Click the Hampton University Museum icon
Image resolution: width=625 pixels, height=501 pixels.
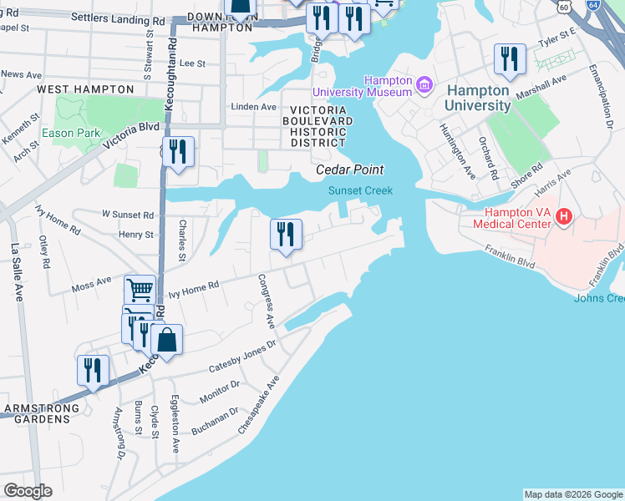click(424, 85)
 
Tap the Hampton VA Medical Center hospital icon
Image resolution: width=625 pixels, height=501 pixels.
click(564, 217)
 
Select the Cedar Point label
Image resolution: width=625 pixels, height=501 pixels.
click(349, 170)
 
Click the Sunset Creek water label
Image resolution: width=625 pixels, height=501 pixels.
click(359, 190)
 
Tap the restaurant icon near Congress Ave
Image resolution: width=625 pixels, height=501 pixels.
click(286, 234)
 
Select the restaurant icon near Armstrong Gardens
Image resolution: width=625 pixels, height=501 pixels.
click(92, 370)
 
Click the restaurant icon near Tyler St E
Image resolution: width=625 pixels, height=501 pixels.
click(510, 58)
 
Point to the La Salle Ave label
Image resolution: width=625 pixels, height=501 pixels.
click(15, 272)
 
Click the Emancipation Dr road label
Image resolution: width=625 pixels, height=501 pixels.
click(601, 95)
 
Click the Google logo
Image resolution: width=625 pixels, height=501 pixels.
click(28, 491)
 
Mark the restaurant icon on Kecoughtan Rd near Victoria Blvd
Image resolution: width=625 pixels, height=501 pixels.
click(178, 152)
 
